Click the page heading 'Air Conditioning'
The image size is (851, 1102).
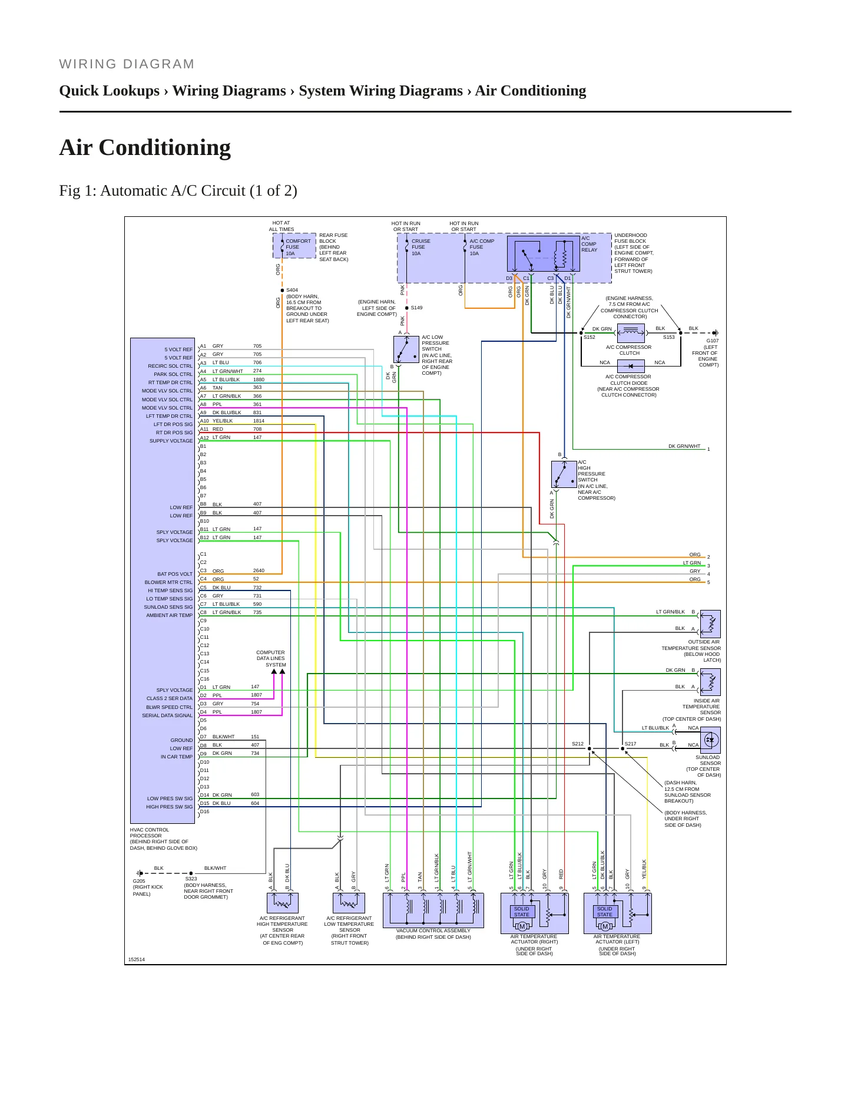click(x=145, y=147)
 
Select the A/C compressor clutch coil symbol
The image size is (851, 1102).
click(x=631, y=333)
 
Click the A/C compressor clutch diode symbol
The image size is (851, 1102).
click(x=631, y=365)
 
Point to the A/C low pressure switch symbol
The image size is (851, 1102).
click(x=406, y=350)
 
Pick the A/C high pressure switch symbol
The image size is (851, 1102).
click(x=564, y=474)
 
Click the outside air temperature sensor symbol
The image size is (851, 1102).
click(x=710, y=623)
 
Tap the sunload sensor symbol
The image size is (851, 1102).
click(x=710, y=740)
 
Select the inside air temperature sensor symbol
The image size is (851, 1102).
click(x=710, y=682)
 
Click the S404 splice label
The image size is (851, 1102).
click(x=292, y=290)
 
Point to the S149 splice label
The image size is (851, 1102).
click(x=416, y=308)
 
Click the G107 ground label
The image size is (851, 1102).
click(x=713, y=341)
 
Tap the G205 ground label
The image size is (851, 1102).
click(x=139, y=881)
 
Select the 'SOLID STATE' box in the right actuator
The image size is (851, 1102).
click(x=522, y=912)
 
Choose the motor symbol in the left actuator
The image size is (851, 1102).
click(x=605, y=926)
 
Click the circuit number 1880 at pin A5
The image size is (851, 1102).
click(x=259, y=380)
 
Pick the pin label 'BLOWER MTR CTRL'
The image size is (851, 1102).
click(x=169, y=582)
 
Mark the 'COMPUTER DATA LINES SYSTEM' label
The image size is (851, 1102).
click(x=271, y=658)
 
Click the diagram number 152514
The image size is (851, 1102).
click(x=137, y=959)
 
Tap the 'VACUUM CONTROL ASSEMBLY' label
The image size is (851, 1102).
click(x=433, y=931)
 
